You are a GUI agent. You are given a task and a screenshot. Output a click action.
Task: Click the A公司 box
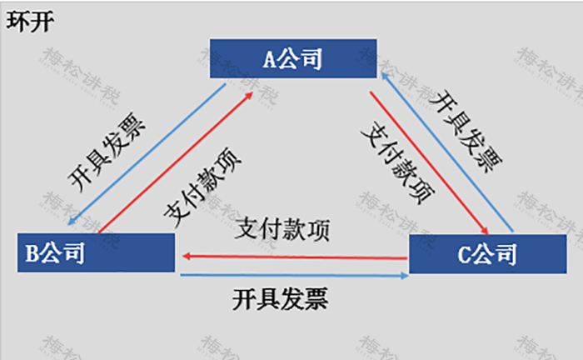point(293,58)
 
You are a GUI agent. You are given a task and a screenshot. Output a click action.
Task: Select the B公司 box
point(96,252)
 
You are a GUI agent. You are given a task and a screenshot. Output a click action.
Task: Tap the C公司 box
point(488,254)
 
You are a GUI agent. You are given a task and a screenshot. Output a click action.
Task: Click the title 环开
point(30,22)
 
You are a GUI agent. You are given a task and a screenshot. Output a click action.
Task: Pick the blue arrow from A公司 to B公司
point(147,154)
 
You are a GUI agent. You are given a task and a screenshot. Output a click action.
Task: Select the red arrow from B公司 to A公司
point(176,162)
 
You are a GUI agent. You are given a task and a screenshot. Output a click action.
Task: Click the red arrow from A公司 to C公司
point(429,163)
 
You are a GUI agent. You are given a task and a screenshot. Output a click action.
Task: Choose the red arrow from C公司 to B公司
point(295,257)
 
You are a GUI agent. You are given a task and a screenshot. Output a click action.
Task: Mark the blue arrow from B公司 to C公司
point(295,276)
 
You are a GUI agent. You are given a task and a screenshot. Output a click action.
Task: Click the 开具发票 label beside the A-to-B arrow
point(107,152)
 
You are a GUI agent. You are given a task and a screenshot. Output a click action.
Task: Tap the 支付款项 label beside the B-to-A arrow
point(202,187)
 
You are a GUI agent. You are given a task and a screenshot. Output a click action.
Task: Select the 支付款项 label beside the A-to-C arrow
point(398,162)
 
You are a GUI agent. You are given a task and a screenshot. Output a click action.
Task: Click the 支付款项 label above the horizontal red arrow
point(282,229)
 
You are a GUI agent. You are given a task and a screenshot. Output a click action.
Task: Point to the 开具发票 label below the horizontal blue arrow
point(281,298)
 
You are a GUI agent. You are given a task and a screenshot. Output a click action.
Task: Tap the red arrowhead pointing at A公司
point(249,96)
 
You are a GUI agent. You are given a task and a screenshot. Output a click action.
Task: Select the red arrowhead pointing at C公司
point(485,230)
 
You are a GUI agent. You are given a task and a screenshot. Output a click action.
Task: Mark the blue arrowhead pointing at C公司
point(405,276)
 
